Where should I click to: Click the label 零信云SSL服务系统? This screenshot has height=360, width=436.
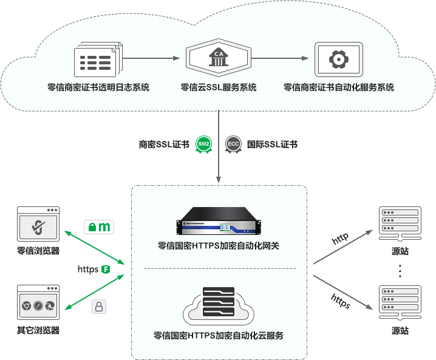click(x=218, y=87)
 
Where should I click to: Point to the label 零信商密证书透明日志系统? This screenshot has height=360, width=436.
click(x=98, y=87)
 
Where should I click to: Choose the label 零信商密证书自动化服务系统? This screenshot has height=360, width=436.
click(x=338, y=87)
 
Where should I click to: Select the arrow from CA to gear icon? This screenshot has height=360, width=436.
click(x=280, y=59)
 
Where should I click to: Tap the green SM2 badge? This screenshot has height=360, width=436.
click(x=203, y=144)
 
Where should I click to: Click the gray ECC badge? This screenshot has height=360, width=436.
click(x=233, y=144)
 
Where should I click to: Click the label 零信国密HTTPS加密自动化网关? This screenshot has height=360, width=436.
click(x=218, y=246)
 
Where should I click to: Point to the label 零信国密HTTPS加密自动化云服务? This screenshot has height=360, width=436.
click(x=218, y=335)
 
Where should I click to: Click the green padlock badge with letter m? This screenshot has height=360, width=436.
click(x=99, y=227)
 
